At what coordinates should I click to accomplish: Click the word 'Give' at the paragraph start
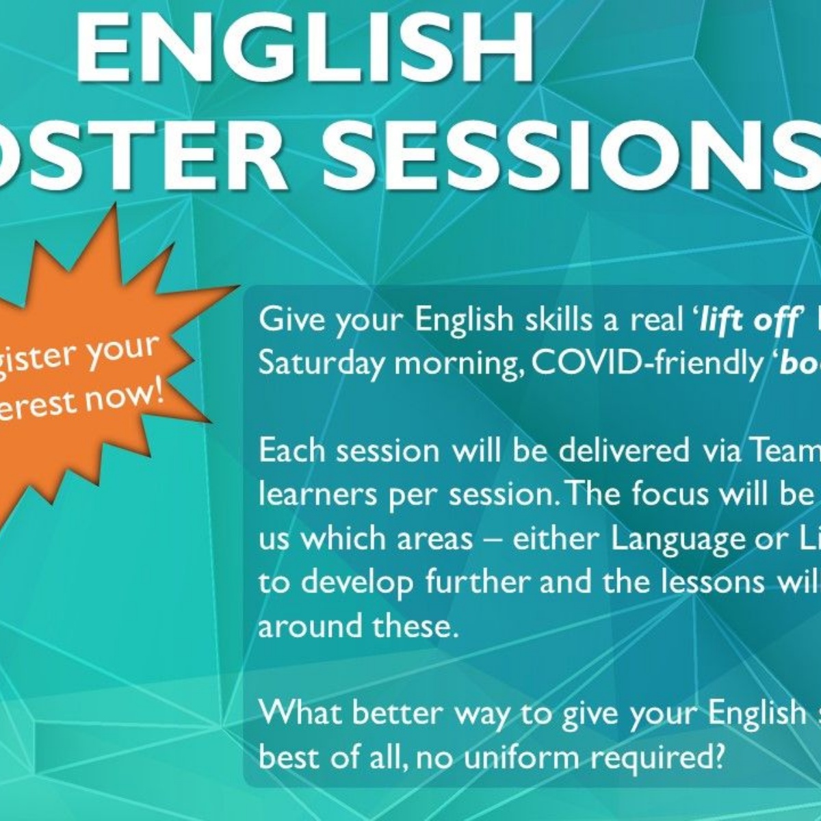287,320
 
